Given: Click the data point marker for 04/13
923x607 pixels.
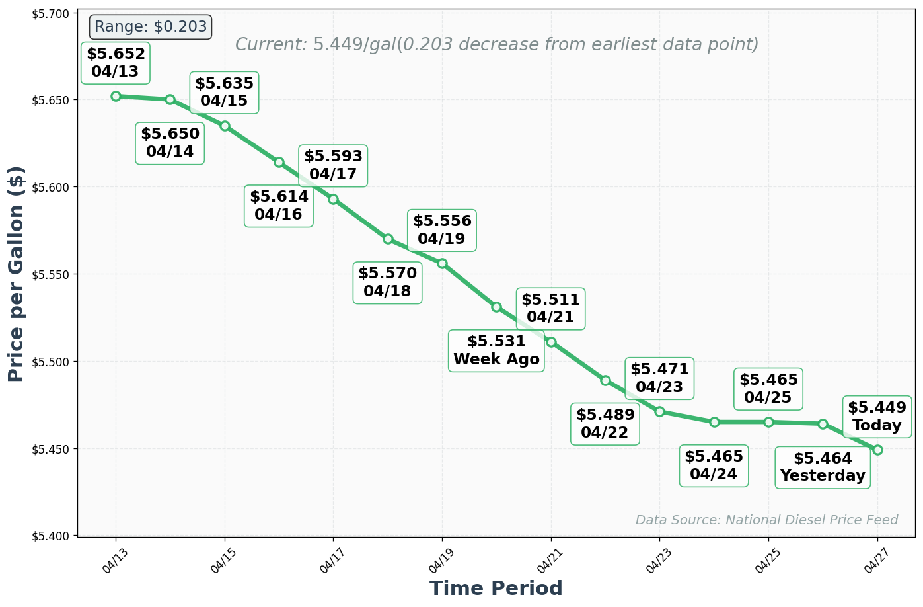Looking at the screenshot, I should [116, 96].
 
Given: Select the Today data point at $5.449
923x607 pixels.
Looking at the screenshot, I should [877, 450].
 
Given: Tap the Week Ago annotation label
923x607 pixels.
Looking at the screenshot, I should [496, 350].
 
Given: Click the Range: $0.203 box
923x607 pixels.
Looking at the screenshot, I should [151, 27].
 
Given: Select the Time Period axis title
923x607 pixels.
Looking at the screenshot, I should [496, 588].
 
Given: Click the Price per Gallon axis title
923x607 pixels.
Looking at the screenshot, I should [17, 274].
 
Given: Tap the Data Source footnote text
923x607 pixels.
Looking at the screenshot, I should [766, 520].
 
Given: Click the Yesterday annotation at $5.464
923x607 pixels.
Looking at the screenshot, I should [822, 467].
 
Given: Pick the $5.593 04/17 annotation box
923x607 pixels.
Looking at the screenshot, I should [333, 165].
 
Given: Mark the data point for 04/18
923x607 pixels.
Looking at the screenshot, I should [388, 239].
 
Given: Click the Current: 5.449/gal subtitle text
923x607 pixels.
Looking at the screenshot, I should [496, 44].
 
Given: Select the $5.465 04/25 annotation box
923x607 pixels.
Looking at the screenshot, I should [768, 388].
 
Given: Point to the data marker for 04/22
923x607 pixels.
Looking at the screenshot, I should [605, 380].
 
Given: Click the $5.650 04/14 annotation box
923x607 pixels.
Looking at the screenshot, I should [170, 142].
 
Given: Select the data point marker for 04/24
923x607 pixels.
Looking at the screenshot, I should [714, 422].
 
